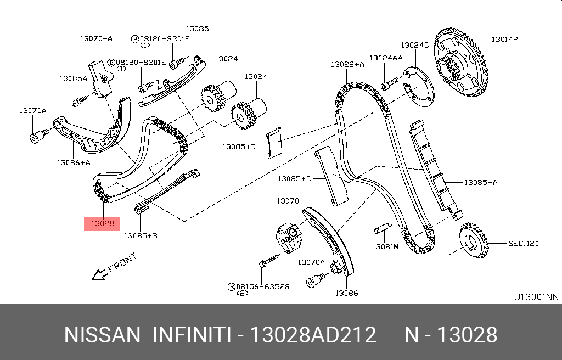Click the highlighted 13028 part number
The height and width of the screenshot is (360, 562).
pos(102,223)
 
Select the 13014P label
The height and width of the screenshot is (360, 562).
pos(504,39)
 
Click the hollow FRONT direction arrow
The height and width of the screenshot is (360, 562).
pos(99,274)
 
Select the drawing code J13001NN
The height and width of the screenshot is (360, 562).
pos(536,297)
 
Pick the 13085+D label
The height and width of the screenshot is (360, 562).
pos(239,147)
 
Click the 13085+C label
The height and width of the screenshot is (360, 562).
pos(294,178)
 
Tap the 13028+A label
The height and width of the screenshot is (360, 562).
pos(347,64)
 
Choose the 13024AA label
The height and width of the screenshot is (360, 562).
pos(385,58)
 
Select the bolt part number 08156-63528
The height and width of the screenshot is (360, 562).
pos(263,286)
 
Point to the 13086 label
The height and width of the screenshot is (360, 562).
pos(347,293)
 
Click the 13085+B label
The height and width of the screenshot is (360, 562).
pos(140,235)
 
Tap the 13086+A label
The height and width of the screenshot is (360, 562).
pos(74,162)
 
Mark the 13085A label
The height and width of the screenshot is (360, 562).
pos(73,78)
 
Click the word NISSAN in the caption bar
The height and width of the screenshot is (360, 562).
pos(103,335)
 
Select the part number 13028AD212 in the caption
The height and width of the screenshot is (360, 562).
pos(313,335)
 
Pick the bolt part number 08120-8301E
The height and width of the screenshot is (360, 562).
pos(164,39)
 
